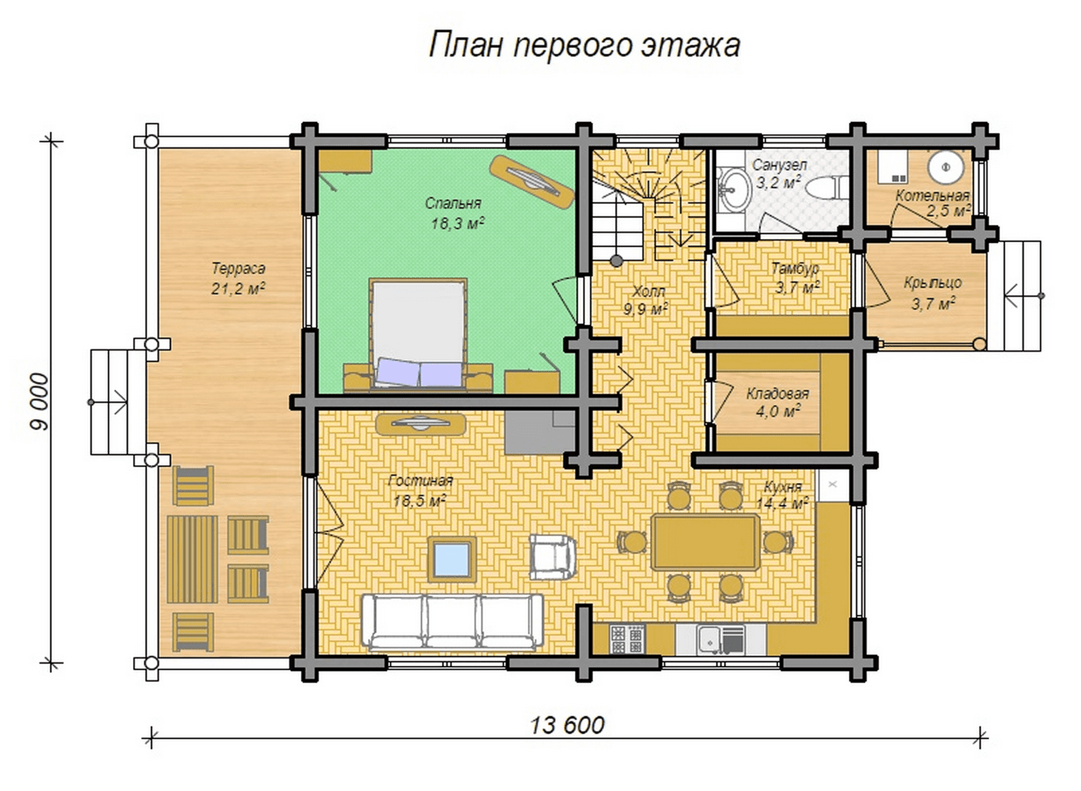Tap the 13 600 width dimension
pyautogui.click(x=567, y=725)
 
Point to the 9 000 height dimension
pyautogui.click(x=38, y=402)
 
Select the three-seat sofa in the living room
pyautogui.click(x=452, y=622)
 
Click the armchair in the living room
pyautogui.click(x=553, y=556)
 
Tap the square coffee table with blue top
pyautogui.click(x=452, y=558)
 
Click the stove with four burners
pyautogui.click(x=627, y=639)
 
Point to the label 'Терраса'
pyautogui.click(x=238, y=269)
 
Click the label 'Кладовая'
pyautogui.click(x=778, y=393)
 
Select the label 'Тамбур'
pyautogui.click(x=795, y=269)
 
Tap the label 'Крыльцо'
pyautogui.click(x=933, y=283)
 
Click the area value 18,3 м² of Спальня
pyautogui.click(x=457, y=223)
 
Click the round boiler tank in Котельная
pyautogui.click(x=946, y=167)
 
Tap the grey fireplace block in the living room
pyautogui.click(x=541, y=431)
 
